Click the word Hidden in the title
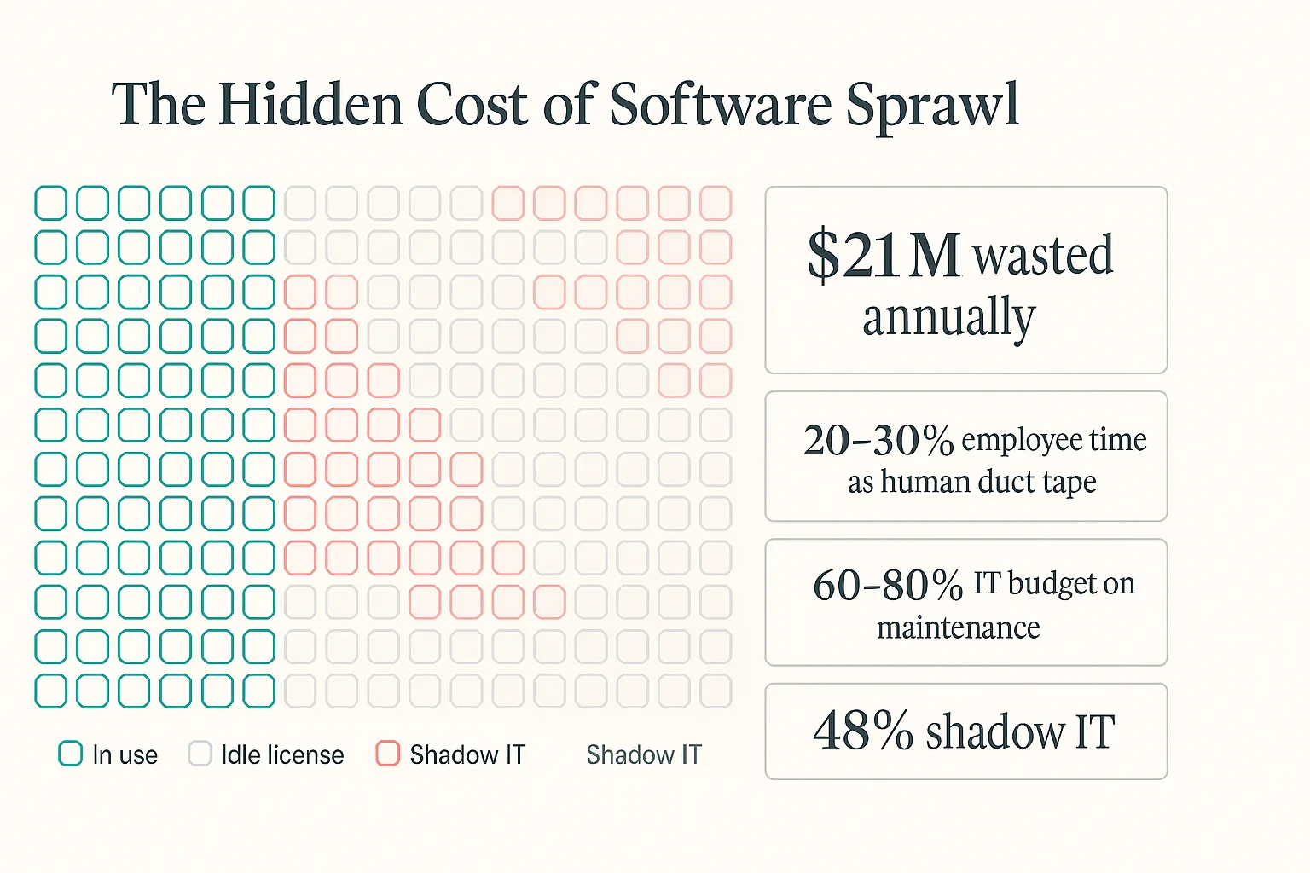(310, 105)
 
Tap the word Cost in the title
(472, 105)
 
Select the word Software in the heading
(721, 105)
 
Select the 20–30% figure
(878, 440)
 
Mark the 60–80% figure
(888, 585)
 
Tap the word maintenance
(958, 627)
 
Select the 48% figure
(863, 731)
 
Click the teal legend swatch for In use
(70, 754)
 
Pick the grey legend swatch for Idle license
(200, 754)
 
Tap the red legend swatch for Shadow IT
(387, 754)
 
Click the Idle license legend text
(282, 754)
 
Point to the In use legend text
(125, 754)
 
